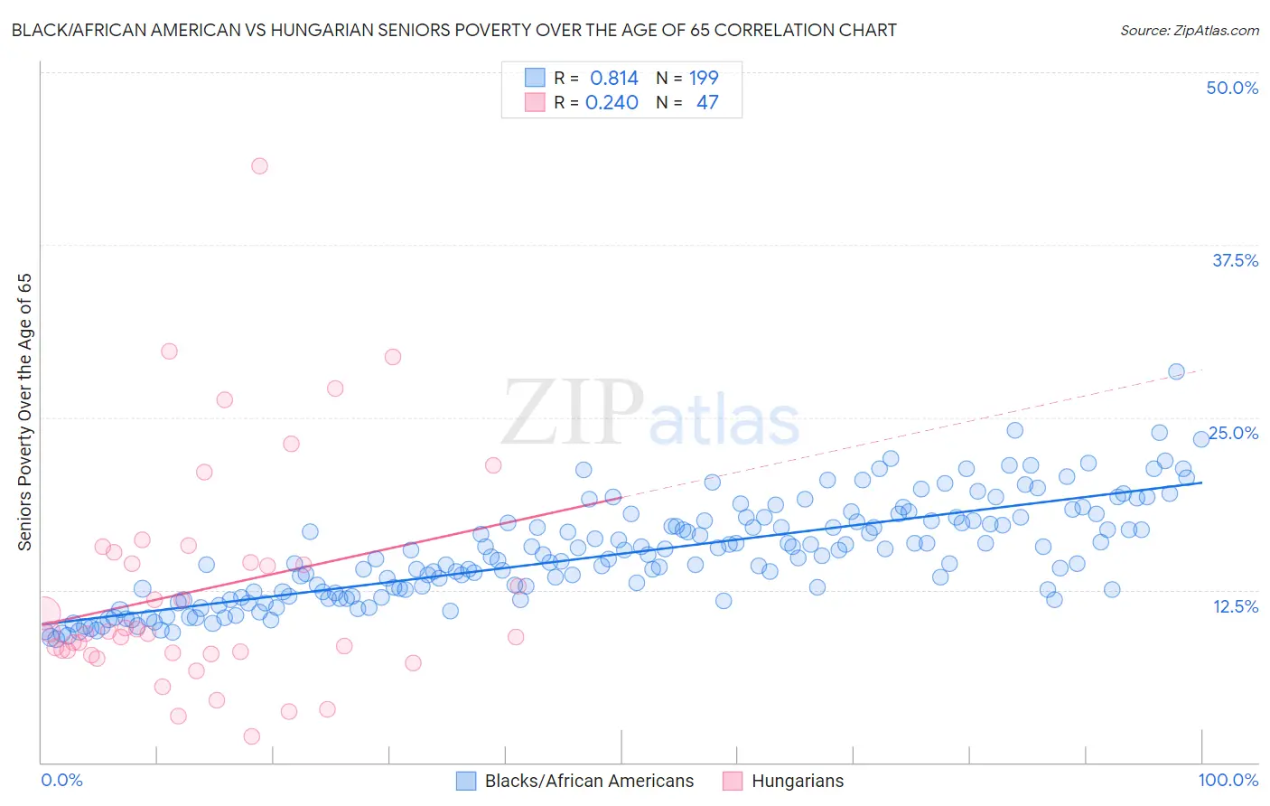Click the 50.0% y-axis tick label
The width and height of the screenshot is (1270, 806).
(x=1232, y=88)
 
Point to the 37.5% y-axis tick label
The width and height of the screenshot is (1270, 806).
(x=1235, y=260)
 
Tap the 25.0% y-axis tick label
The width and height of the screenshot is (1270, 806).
(x=1234, y=433)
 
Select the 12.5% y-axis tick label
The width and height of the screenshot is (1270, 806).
(x=1235, y=606)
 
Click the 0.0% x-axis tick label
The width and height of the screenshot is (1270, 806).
(x=61, y=780)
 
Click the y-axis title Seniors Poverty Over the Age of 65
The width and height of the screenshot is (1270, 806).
(x=24, y=412)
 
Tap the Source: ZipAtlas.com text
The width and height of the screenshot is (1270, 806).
(x=1189, y=30)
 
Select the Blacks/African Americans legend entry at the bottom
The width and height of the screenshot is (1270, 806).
(x=575, y=781)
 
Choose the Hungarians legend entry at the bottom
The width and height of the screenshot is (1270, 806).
(x=784, y=781)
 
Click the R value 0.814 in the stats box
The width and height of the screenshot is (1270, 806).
(x=614, y=78)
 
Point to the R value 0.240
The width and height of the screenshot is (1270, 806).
(x=612, y=102)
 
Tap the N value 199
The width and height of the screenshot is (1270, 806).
(x=704, y=78)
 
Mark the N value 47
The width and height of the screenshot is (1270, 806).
(x=707, y=102)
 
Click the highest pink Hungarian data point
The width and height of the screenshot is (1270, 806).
(x=259, y=165)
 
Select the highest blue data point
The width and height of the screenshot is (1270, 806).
(x=1176, y=371)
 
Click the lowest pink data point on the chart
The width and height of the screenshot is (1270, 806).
(x=252, y=736)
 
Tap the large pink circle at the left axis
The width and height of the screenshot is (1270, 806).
(x=42, y=614)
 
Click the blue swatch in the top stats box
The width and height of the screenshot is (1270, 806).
(x=535, y=78)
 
